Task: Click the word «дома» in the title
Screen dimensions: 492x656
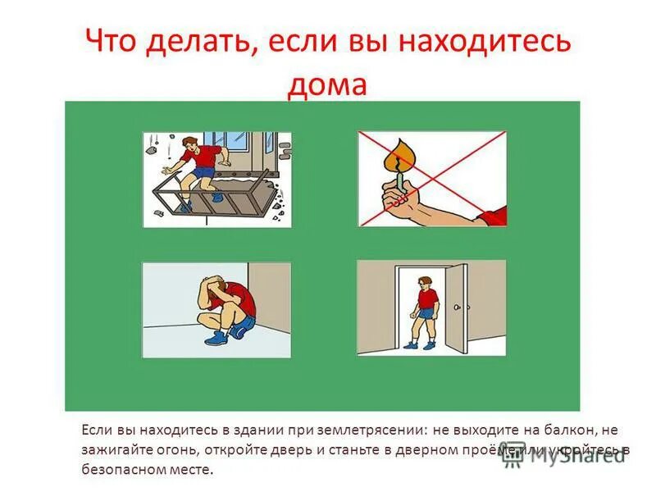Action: tap(326, 85)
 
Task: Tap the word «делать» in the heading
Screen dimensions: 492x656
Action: tap(189, 43)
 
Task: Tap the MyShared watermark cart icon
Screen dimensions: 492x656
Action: tap(513, 454)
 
